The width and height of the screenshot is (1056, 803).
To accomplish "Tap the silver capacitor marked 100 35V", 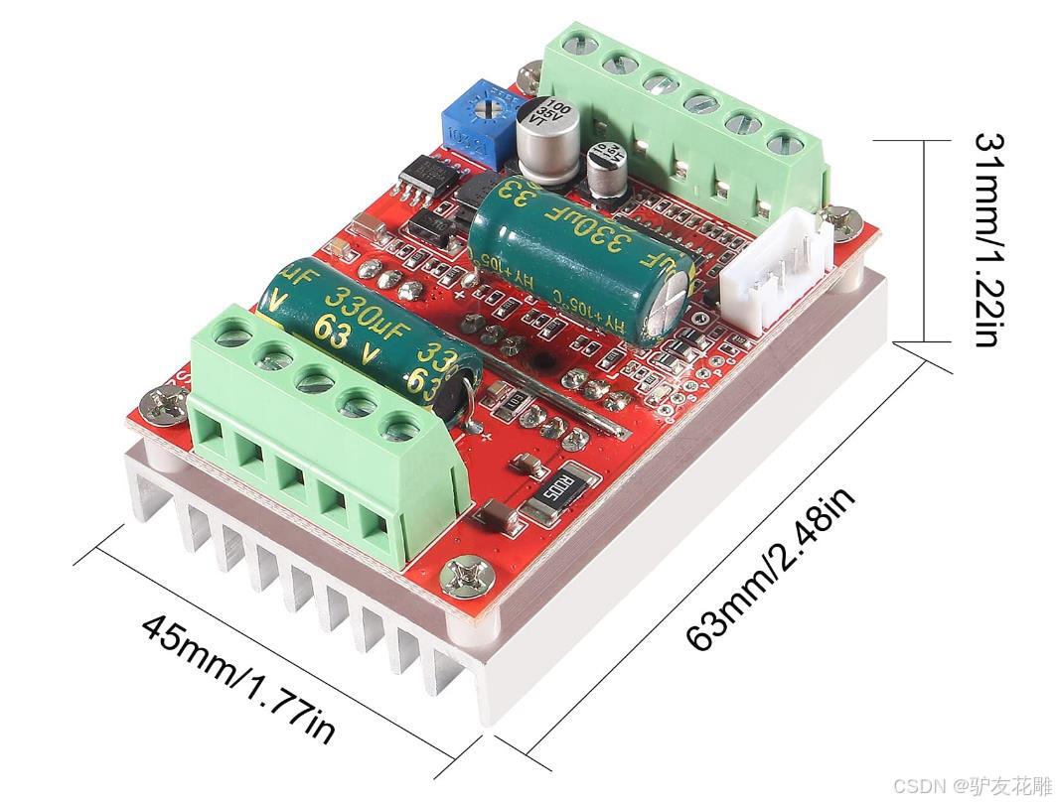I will (x=545, y=137).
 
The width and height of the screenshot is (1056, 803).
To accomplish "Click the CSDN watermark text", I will (x=970, y=785).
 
